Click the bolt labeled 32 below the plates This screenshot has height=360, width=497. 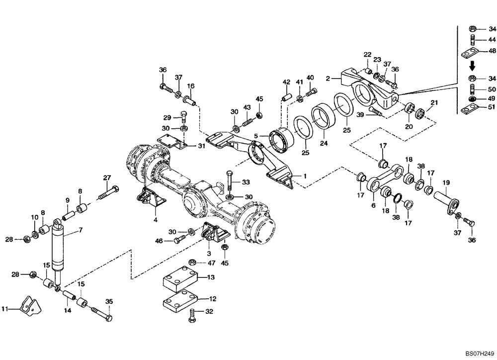coord(193,315)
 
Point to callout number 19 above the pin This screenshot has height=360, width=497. coord(446,182)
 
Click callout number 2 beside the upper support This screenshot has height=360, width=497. coord(328,78)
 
